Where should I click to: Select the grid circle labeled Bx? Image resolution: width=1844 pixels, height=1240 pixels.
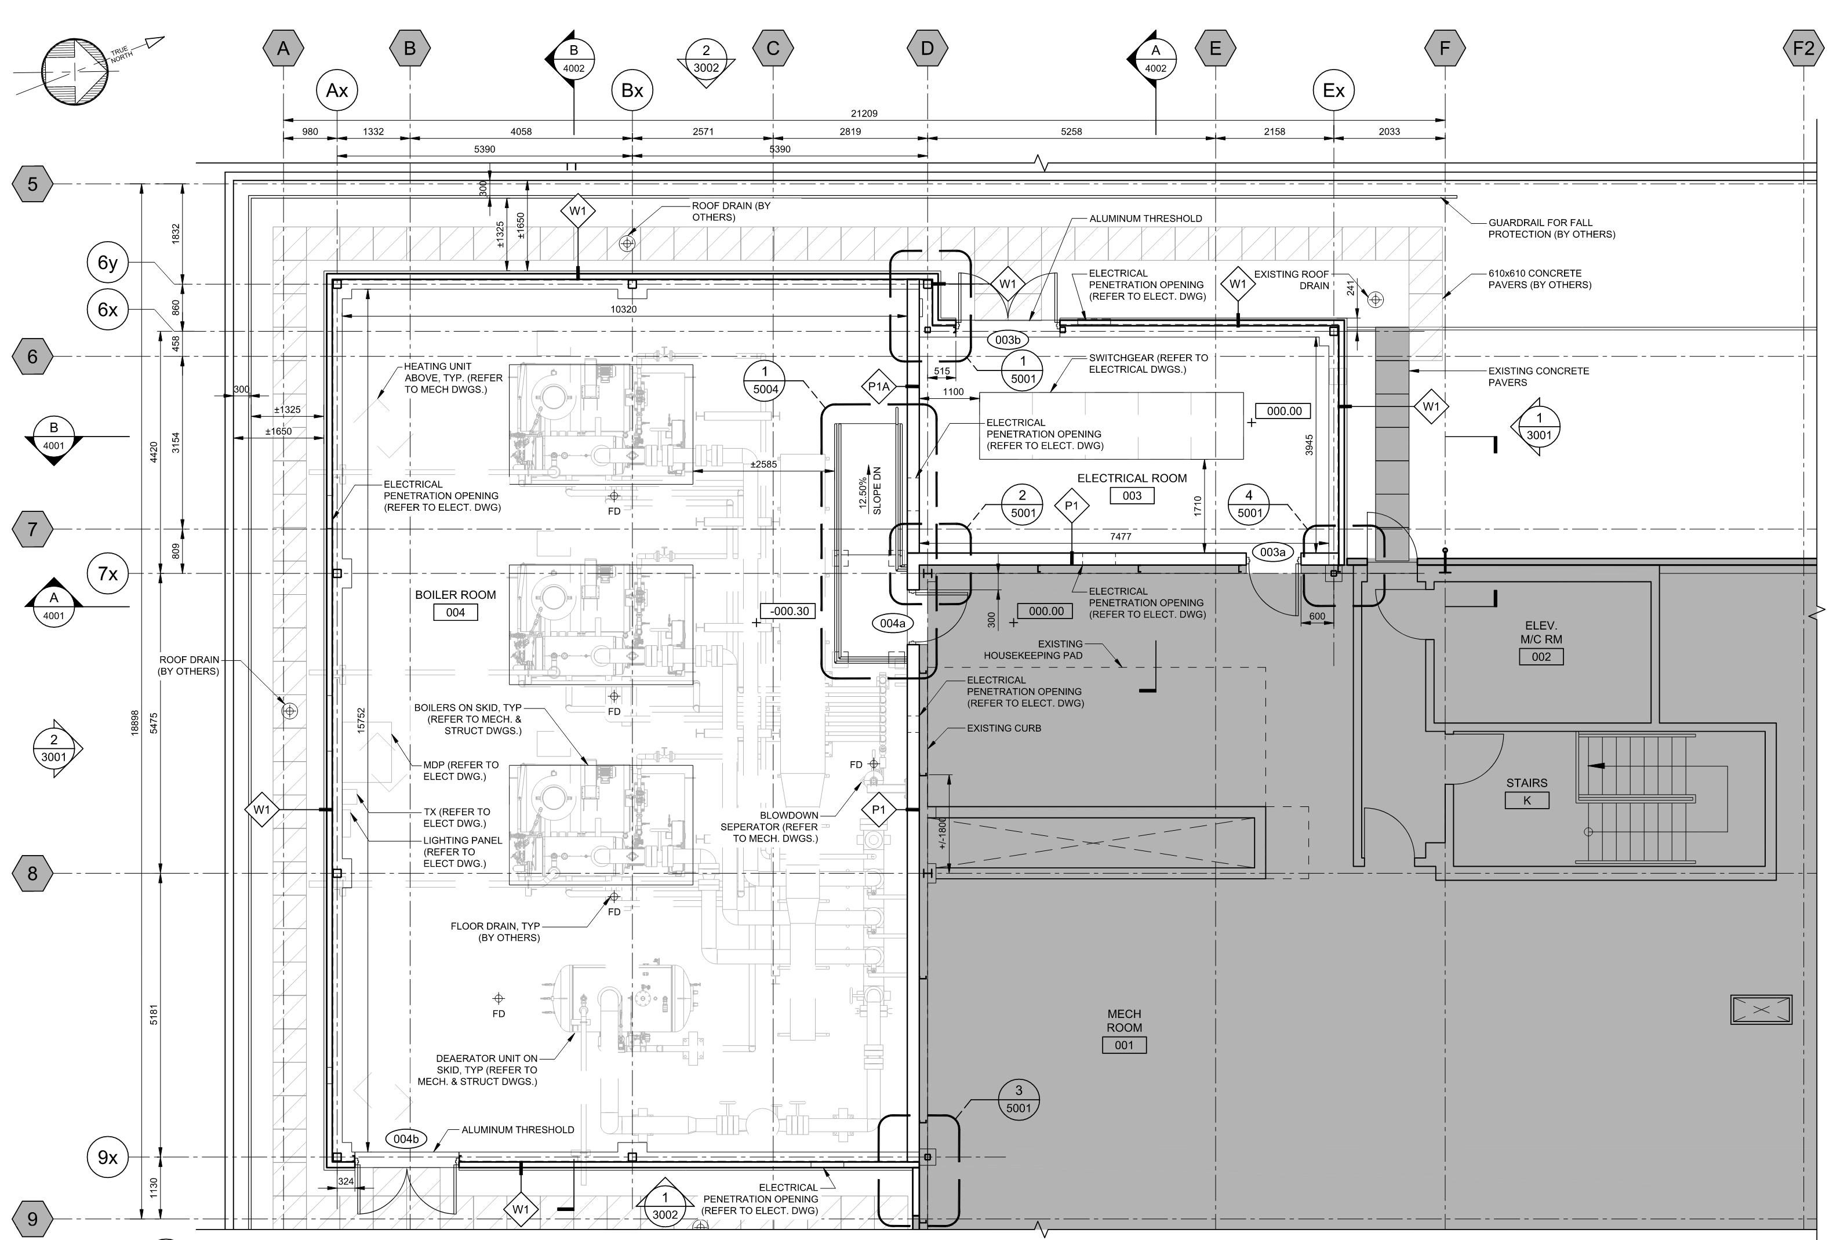click(x=632, y=90)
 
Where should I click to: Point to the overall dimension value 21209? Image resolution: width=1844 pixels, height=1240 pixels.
click(x=864, y=113)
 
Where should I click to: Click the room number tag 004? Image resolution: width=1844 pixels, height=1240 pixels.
click(x=456, y=612)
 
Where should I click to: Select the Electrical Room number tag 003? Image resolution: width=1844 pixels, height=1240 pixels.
click(x=1132, y=496)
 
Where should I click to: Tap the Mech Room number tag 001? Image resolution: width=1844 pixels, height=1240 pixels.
click(x=1123, y=1045)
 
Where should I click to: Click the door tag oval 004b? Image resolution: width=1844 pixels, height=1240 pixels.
click(x=406, y=1139)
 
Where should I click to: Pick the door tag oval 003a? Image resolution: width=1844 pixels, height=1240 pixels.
click(x=1272, y=552)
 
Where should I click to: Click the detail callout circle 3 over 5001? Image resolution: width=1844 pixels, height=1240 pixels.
click(x=1019, y=1099)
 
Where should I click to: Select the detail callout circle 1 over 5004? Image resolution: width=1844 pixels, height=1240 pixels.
click(x=765, y=380)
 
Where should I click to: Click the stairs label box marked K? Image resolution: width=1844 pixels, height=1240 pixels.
click(x=1526, y=801)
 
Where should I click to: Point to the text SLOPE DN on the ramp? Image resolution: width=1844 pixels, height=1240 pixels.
click(x=877, y=490)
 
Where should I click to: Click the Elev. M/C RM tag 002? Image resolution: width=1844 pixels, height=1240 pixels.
click(x=1540, y=656)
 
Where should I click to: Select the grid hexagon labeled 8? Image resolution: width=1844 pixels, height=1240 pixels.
click(x=32, y=874)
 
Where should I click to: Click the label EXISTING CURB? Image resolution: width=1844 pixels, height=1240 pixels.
click(x=1003, y=728)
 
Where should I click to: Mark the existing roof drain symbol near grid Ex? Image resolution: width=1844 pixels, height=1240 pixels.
click(x=1375, y=300)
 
